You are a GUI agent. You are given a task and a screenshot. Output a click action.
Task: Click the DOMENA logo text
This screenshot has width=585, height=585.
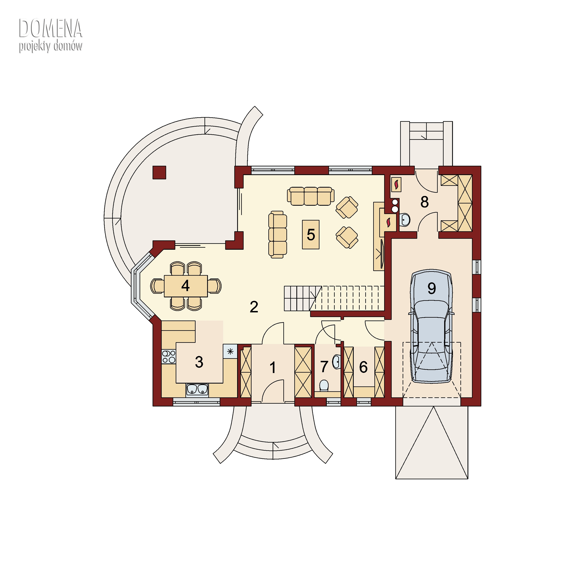51,28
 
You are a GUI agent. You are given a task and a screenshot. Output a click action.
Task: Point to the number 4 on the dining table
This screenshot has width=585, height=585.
185,285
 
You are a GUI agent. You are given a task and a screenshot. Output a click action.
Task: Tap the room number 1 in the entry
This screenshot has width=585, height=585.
273,368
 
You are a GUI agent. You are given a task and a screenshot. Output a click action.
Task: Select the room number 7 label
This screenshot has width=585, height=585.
324,367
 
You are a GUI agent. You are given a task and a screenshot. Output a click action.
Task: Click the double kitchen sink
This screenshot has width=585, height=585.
197,390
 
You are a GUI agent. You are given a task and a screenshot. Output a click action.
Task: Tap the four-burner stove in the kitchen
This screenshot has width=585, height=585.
169,356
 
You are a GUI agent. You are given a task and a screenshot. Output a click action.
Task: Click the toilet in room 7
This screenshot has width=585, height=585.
324,386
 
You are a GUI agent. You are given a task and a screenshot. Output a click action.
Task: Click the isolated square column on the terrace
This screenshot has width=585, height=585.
159,172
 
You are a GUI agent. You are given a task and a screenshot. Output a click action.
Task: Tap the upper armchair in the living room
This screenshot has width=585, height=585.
347,207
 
